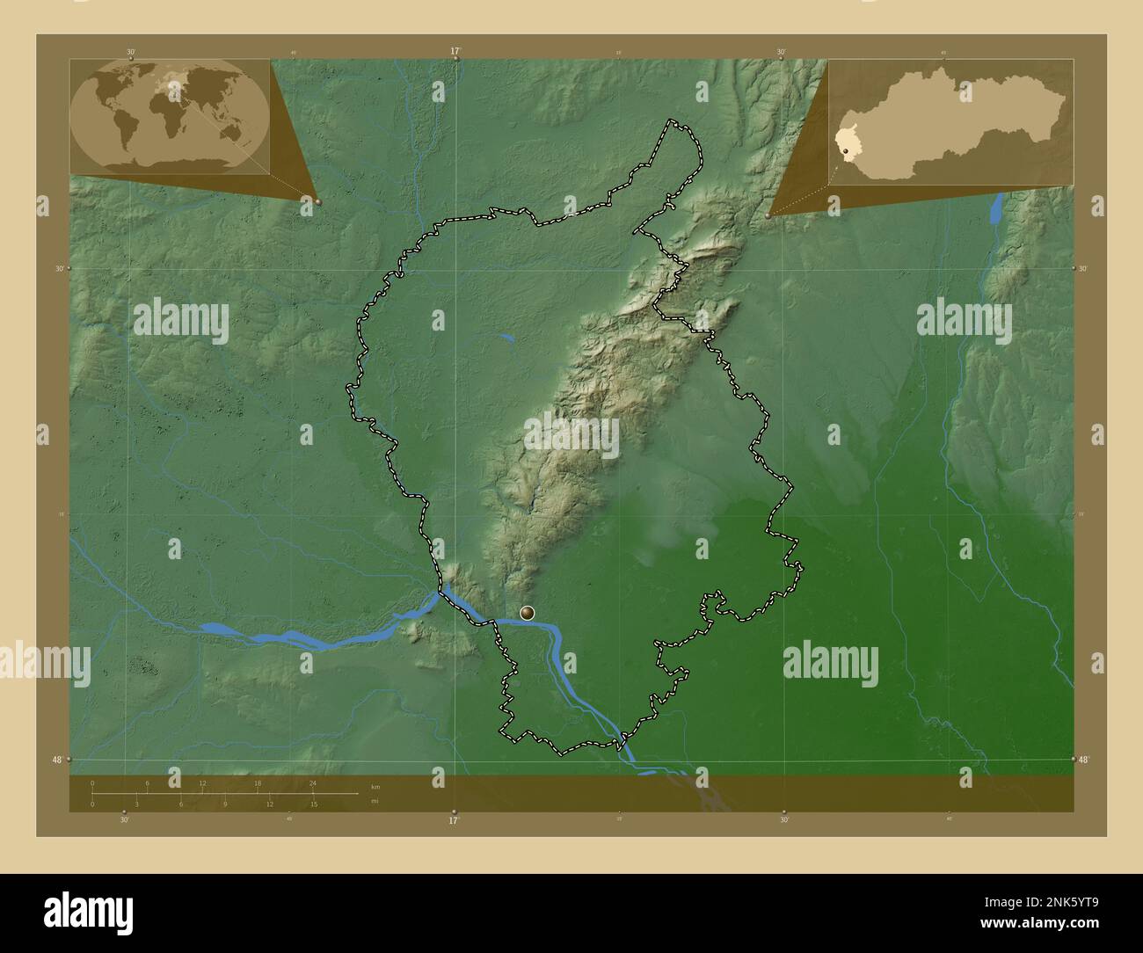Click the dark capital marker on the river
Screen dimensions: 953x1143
coord(528,613)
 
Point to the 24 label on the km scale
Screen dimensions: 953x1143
coord(312,782)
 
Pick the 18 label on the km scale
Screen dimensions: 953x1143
coord(258,782)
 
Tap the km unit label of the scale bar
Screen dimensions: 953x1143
coord(375,787)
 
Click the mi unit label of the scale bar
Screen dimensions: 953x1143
coord(375,802)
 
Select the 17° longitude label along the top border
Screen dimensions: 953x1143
coord(455,51)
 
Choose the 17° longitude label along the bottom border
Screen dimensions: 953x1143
coord(454,821)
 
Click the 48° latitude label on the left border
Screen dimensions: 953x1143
coord(58,760)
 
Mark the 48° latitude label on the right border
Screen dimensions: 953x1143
coord(1084,760)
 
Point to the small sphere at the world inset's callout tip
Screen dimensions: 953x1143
coord(317,201)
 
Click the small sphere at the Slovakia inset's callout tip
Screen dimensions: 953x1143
coord(768,215)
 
